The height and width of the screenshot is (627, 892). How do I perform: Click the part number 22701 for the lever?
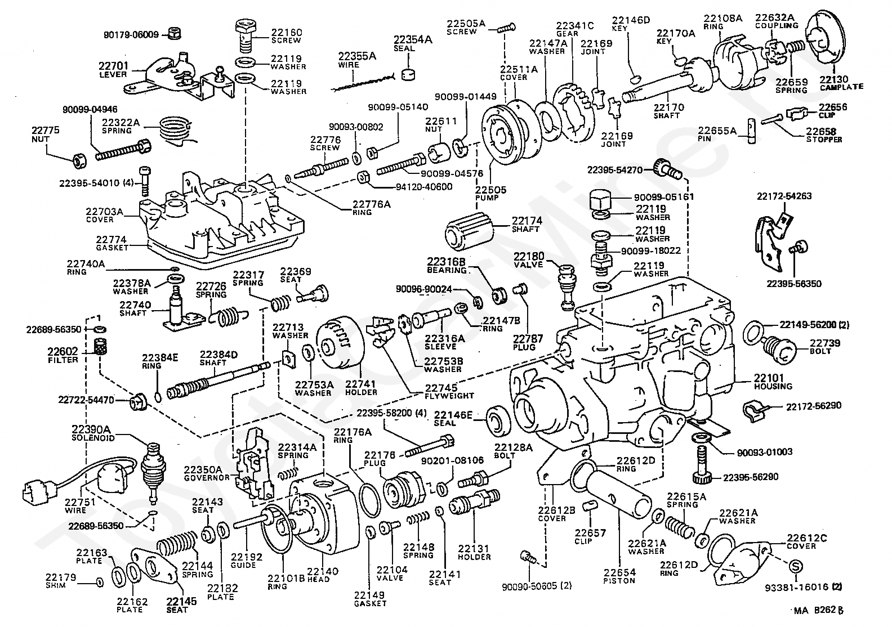point(115,66)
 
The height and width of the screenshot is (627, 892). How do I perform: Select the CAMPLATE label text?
point(841,87)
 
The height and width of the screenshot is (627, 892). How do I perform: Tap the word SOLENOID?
point(93,437)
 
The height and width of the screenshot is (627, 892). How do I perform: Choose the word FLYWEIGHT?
point(449,396)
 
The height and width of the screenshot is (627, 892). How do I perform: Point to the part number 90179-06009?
point(131,34)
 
